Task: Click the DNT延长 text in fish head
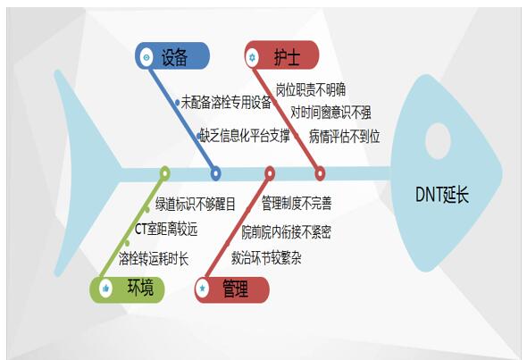tap(442, 194)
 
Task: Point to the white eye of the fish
tap(438, 141)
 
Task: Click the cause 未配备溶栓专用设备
tap(226, 102)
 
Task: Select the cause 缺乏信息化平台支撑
tap(245, 135)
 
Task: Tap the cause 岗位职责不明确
tap(311, 89)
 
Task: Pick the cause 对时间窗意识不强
tap(330, 113)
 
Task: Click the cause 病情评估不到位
tap(345, 136)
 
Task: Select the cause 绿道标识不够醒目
tap(196, 204)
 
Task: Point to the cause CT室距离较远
tap(166, 230)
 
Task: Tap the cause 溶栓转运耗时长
tap(154, 258)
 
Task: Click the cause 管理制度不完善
tap(297, 203)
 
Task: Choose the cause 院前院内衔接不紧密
tap(287, 232)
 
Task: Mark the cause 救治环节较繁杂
tap(266, 258)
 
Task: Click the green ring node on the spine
tap(164, 173)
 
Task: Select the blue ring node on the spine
tap(215, 173)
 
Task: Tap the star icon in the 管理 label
tap(203, 288)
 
